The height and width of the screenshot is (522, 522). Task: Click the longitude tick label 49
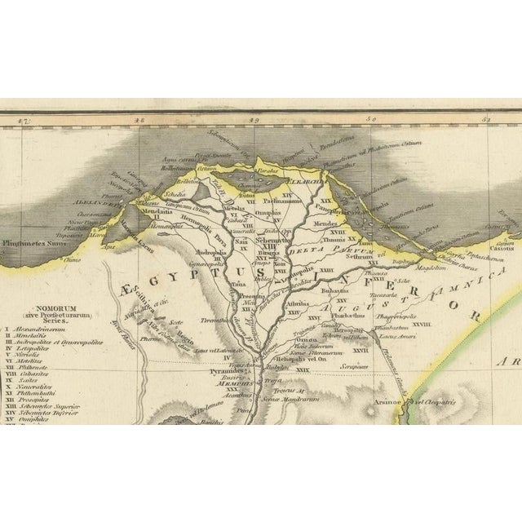pyautogui.click(x=255, y=121)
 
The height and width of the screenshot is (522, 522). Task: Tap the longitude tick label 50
pyautogui.click(x=372, y=121)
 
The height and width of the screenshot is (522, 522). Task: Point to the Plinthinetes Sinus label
pyautogui.click(x=32, y=241)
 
